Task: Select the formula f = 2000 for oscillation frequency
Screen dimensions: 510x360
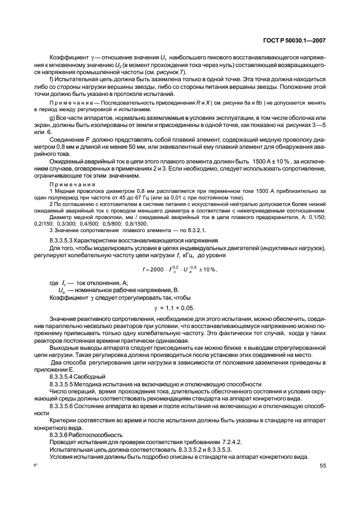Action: click(180, 270)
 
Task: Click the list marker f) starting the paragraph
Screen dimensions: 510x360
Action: click(52, 78)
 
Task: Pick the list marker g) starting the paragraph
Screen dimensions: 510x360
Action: click(52, 118)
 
